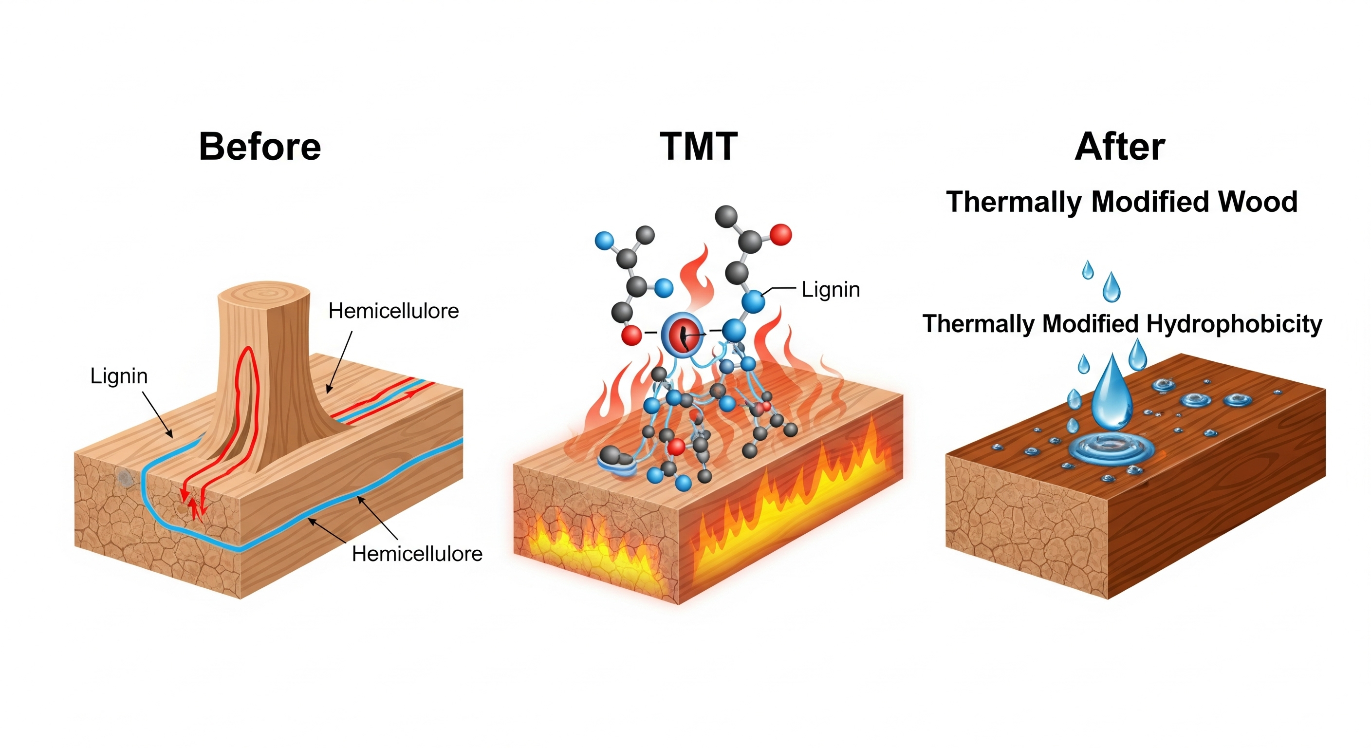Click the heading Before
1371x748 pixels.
pos(259,147)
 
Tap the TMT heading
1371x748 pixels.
pos(698,147)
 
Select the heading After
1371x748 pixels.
pos(1120,147)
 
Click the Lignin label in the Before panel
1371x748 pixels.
pos(119,376)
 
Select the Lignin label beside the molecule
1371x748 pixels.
pos(830,290)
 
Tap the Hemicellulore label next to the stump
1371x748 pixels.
pos(393,311)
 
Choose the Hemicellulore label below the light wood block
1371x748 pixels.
pos(417,554)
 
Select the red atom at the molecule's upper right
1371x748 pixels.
pos(780,235)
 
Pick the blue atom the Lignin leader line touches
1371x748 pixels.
pos(753,301)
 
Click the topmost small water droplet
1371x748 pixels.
pos(1088,270)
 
